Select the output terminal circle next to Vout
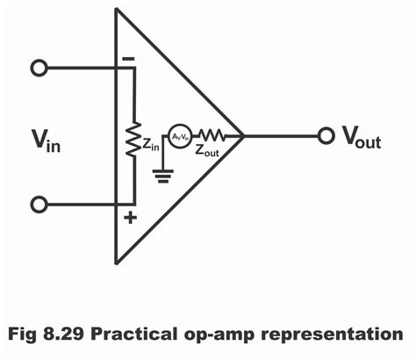(x=326, y=136)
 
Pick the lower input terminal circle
(x=38, y=205)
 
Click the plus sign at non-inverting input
(x=129, y=217)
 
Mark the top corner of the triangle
(x=116, y=11)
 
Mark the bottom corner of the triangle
(x=116, y=263)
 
